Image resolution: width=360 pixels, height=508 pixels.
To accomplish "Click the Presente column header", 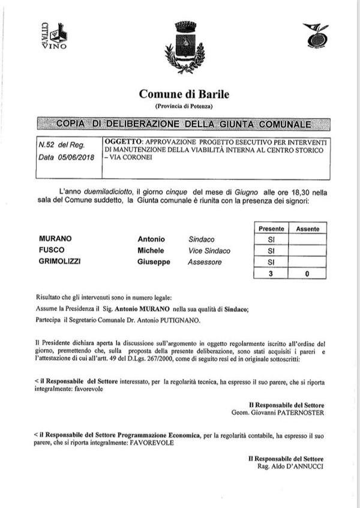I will coord(271,229).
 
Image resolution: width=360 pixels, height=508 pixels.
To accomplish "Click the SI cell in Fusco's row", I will coord(271,251).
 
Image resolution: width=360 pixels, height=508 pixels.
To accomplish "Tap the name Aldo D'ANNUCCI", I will coord(294,466).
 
